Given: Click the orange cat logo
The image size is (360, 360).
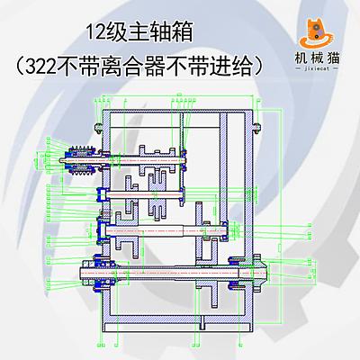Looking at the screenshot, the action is coord(316,33).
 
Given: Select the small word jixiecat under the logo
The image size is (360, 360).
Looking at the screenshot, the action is coord(316,68).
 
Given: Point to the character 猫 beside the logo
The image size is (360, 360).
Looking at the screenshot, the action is coord(333,58).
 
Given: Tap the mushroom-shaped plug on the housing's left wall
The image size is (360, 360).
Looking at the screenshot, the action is coord(99,127).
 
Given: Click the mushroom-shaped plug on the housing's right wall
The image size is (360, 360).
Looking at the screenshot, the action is coord(256,127).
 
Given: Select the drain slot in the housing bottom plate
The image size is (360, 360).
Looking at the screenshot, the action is coord(203,323).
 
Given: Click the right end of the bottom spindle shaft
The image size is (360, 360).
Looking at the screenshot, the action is coord(265,273).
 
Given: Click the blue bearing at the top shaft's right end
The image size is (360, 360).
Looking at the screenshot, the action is coord(184,160).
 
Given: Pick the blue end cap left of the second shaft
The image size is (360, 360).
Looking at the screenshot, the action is coord(101,194).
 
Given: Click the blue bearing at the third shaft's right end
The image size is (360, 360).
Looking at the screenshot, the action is coord(224,230).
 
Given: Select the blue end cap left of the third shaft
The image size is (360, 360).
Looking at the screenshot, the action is coord(102,230).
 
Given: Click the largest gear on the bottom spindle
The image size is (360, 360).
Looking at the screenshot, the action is coord(207,255).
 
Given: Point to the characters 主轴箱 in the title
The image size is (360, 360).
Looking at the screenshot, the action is coord(160,32).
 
